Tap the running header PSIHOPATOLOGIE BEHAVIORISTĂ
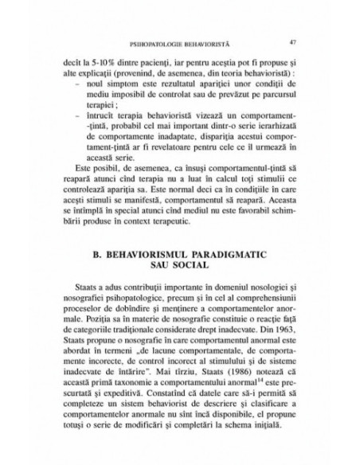coord(180,42)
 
